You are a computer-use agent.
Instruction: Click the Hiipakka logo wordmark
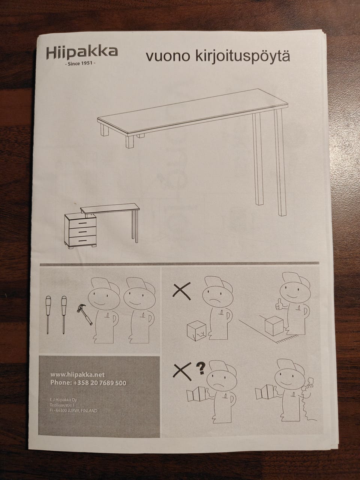82,52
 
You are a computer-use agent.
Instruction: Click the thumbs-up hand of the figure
279,304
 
